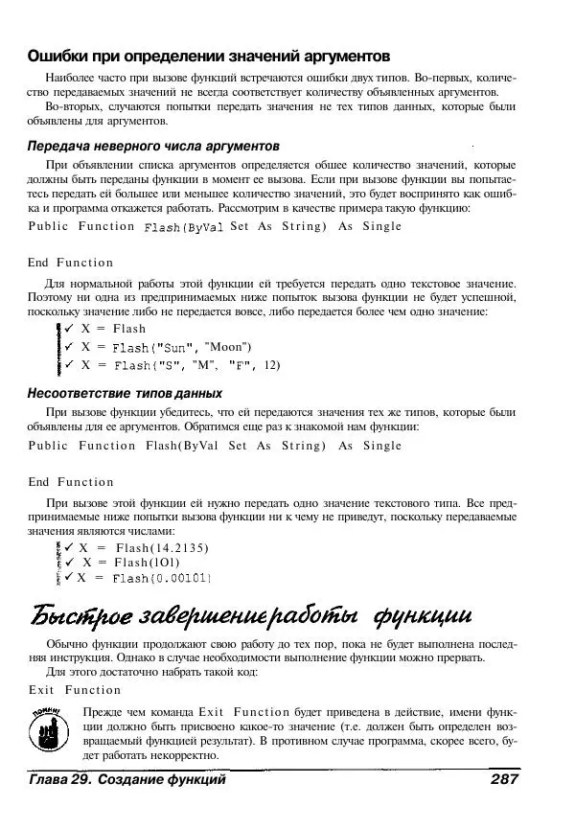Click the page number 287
pos(504,780)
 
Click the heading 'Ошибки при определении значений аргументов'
pos(208,57)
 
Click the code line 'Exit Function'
pos(75,690)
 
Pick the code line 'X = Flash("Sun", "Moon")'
pos(167,346)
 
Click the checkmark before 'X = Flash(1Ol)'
pos(71,563)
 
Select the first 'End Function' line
pos(71,263)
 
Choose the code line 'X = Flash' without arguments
pos(113,328)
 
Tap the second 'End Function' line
pos(71,482)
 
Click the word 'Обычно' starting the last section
pos(66,644)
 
